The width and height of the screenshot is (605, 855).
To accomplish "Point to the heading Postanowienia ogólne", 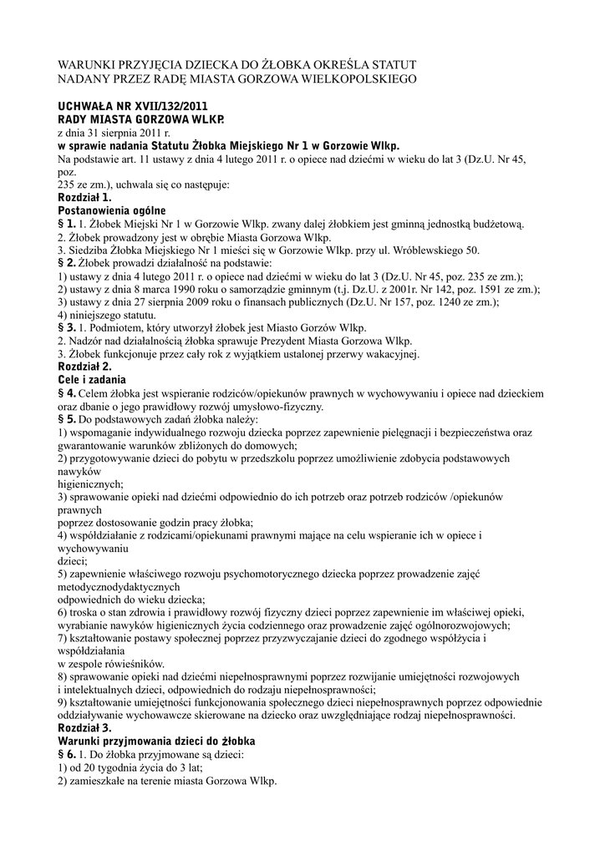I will coord(111,210).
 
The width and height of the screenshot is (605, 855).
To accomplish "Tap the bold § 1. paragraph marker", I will coord(66,224).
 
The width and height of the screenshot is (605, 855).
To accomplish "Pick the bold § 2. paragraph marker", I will coord(66,263).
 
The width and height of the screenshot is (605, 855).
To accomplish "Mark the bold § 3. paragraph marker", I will coord(66,328).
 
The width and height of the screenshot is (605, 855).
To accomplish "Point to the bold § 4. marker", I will coord(68,393).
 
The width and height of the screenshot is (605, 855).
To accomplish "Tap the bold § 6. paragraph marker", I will coord(67,755).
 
